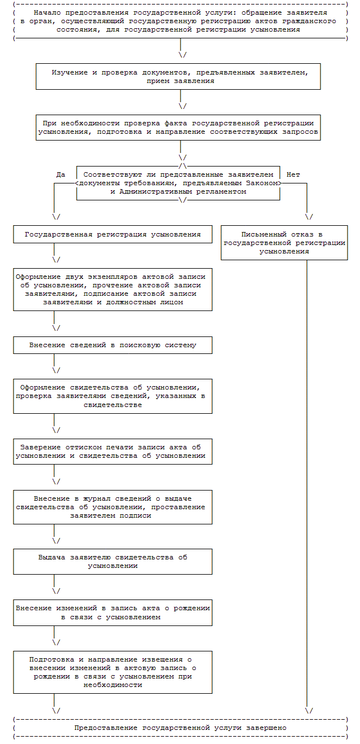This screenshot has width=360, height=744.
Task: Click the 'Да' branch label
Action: (x=61, y=174)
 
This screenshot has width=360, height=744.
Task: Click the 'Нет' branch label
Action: (x=293, y=174)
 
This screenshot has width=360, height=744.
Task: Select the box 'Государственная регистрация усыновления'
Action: (x=113, y=234)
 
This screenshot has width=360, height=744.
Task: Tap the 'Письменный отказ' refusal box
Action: (x=284, y=243)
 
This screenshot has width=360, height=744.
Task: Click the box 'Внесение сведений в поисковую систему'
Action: (x=113, y=345)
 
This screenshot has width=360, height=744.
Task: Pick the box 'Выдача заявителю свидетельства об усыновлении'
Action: (x=113, y=561)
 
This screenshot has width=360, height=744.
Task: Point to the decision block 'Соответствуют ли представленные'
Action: (x=178, y=183)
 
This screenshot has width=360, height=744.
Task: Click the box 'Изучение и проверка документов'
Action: (x=178, y=77)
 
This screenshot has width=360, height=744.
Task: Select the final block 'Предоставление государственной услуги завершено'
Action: (x=180, y=728)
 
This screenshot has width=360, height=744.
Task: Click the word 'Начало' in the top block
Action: (x=46, y=12)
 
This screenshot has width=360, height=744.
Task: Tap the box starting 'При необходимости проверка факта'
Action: (x=178, y=128)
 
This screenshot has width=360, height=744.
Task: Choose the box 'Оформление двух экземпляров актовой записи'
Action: (x=113, y=289)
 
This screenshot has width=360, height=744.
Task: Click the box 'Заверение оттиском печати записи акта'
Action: (x=113, y=451)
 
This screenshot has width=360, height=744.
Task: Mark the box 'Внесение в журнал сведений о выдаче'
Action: (x=113, y=507)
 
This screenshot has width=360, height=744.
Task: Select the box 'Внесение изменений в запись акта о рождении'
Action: (x=113, y=612)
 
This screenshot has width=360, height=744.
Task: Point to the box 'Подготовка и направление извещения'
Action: (x=113, y=672)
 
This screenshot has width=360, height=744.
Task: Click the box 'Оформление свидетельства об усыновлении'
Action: (x=113, y=396)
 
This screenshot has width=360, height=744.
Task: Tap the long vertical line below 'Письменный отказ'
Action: (x=307, y=480)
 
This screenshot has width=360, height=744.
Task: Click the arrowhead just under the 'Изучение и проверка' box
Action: (x=182, y=106)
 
